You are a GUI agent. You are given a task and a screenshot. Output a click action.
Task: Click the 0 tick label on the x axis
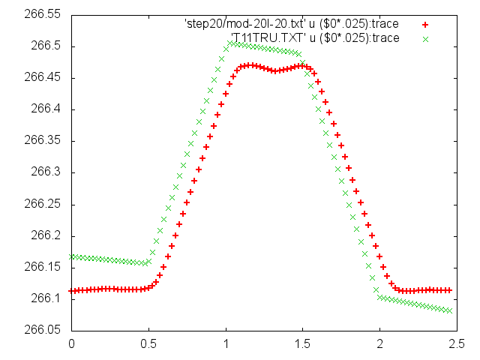point(71,344)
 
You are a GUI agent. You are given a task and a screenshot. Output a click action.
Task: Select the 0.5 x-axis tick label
point(148,344)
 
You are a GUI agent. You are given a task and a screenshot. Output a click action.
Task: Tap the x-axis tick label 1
point(226,344)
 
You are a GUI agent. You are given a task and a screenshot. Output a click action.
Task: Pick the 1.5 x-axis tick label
point(303,344)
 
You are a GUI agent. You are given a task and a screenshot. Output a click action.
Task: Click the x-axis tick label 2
point(380,344)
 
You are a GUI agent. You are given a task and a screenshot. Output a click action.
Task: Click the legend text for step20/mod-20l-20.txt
point(292,24)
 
